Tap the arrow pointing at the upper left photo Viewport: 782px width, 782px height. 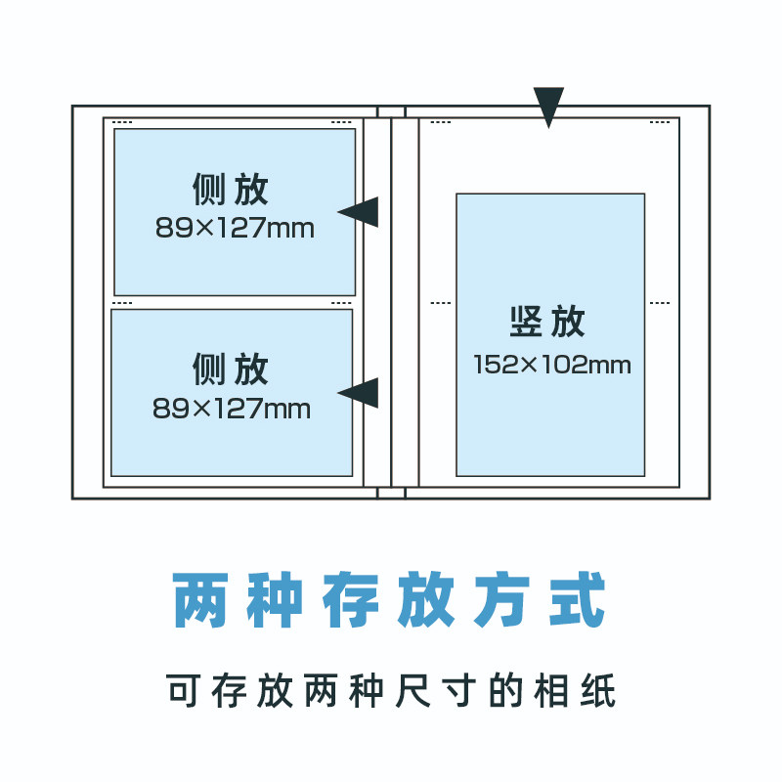[x=361, y=211]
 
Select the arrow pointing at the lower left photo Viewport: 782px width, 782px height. [x=361, y=392]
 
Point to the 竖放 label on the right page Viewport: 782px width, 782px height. [x=547, y=321]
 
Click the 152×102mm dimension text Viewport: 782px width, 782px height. [x=552, y=366]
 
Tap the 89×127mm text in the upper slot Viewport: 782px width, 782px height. [x=235, y=229]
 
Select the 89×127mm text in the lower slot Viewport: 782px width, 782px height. [x=232, y=409]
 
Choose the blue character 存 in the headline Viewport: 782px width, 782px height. [x=350, y=599]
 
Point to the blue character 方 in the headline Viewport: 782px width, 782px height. [x=502, y=599]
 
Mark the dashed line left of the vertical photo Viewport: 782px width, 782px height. [x=441, y=303]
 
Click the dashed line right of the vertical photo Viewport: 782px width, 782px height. [x=660, y=303]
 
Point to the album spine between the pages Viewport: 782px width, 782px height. [x=391, y=303]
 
